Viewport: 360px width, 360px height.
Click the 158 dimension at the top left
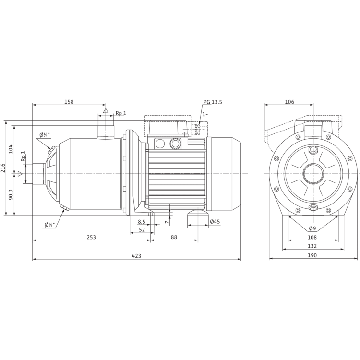coord(70,102)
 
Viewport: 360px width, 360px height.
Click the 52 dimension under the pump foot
coord(142,229)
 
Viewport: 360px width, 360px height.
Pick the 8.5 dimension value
coord(141,222)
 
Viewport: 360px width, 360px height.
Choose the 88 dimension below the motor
coord(174,238)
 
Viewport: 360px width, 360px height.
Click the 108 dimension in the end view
coord(312,237)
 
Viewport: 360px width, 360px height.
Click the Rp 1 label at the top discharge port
coord(120,113)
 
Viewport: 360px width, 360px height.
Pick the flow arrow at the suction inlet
coord(20,173)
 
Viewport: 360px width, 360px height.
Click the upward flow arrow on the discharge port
coord(104,111)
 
